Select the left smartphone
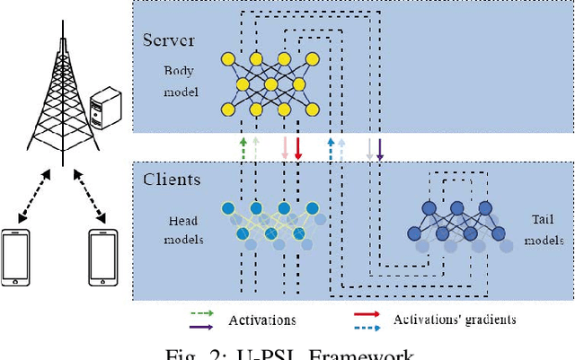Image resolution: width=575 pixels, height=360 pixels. (15, 257)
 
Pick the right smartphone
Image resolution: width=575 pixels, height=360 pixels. (104, 257)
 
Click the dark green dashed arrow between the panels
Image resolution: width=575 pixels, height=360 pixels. (242, 148)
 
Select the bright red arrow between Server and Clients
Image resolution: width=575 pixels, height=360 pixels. (297, 148)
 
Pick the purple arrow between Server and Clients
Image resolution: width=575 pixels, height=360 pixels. (380, 148)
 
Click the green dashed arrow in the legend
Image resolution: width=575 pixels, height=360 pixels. (202, 312)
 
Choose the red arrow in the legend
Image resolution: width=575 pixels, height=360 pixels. (367, 313)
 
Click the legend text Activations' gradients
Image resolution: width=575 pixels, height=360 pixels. (455, 319)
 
